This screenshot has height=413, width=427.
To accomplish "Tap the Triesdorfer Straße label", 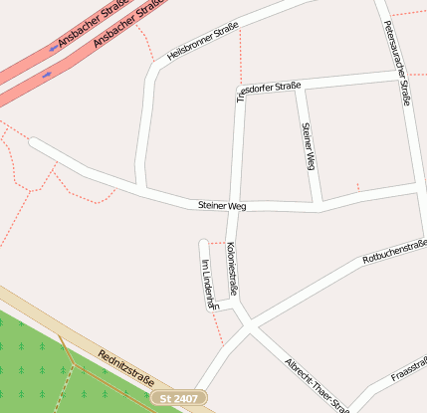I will coord(269,91).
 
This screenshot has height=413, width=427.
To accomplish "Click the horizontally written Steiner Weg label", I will coord(221,206).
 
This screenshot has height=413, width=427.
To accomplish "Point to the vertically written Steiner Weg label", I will coord(308,146).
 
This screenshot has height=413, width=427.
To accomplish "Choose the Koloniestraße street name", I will coord(232,269).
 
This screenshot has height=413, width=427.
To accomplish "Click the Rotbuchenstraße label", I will coord(394,251).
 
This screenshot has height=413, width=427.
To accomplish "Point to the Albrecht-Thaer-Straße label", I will coord(317,384).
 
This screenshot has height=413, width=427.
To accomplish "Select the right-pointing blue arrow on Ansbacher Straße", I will coord(47,73).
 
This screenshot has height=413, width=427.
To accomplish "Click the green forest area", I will coord(40,368).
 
